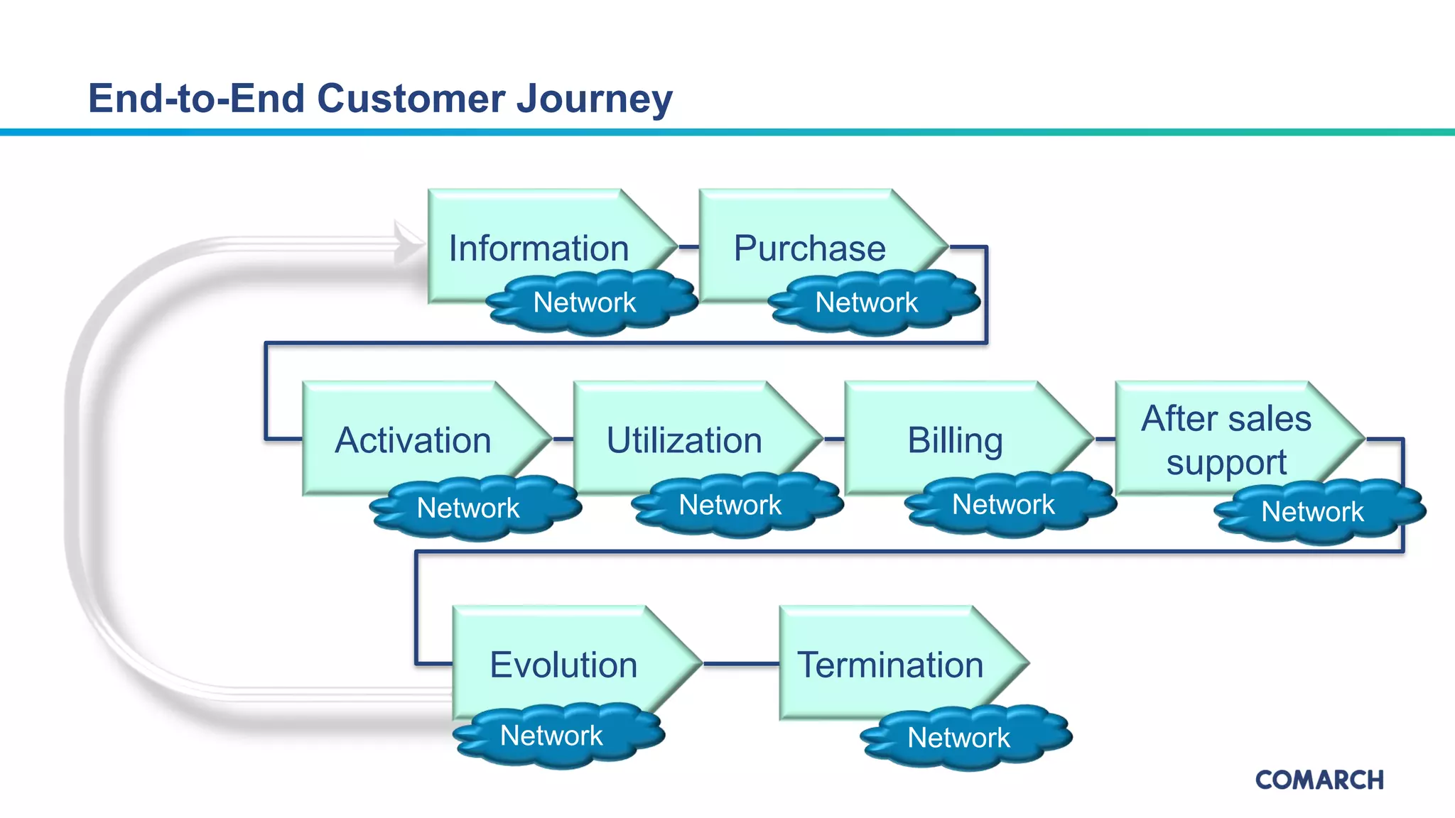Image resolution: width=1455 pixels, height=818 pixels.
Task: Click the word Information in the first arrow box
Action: [x=539, y=249]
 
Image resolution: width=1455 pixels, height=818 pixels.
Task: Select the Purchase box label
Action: [x=809, y=249]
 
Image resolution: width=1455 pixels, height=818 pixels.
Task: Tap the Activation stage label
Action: [x=413, y=440]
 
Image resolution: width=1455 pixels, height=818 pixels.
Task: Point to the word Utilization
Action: [x=684, y=440]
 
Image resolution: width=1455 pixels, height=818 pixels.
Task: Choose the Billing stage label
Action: [x=955, y=440]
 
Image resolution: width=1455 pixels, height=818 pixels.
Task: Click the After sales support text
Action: [x=1226, y=440]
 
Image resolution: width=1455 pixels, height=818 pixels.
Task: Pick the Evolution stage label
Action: [x=563, y=665]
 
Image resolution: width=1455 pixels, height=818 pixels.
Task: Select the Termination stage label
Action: [x=890, y=665]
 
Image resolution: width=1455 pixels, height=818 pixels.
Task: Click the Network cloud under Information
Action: [x=585, y=302]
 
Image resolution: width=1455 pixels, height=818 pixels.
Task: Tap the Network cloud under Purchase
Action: [x=867, y=302]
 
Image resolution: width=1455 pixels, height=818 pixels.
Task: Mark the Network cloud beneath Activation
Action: [x=468, y=508]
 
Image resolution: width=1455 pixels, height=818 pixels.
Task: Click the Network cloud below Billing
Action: [x=1003, y=505]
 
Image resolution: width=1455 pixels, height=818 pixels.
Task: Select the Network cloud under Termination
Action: [x=958, y=738]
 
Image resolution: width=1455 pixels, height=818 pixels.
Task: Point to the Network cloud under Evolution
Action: [x=551, y=736]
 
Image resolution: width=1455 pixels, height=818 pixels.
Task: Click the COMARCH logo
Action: [x=1319, y=780]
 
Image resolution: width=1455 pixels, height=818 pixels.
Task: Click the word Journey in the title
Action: [x=594, y=98]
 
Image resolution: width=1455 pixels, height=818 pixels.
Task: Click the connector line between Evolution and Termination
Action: [x=741, y=664]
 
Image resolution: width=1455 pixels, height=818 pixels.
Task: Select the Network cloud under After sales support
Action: [x=1312, y=512]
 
